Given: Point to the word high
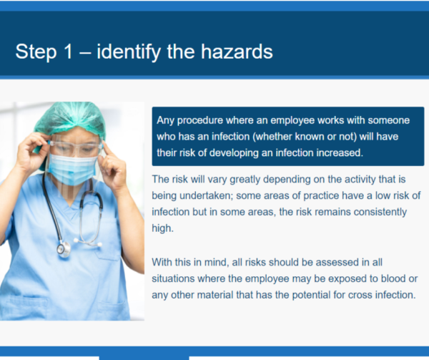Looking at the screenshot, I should click(x=162, y=229).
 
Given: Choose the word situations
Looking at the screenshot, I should click(x=175, y=278).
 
